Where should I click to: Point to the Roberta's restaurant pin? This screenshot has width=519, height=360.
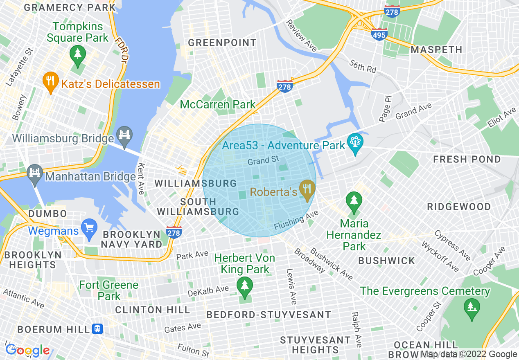[307, 189]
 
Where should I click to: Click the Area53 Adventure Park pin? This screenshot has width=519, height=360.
[355, 143]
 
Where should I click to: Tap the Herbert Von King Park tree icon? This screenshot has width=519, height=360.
[245, 286]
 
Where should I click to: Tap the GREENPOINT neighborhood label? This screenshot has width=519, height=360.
[222, 43]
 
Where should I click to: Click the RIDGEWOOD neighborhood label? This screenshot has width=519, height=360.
[458, 207]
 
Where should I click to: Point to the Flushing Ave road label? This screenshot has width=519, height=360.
[296, 220]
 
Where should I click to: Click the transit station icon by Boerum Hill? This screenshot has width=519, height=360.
[97, 329]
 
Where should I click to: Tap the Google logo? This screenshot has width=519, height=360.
[27, 350]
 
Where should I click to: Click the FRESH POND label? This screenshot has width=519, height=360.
[467, 159]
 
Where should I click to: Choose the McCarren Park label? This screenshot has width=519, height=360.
[218, 104]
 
